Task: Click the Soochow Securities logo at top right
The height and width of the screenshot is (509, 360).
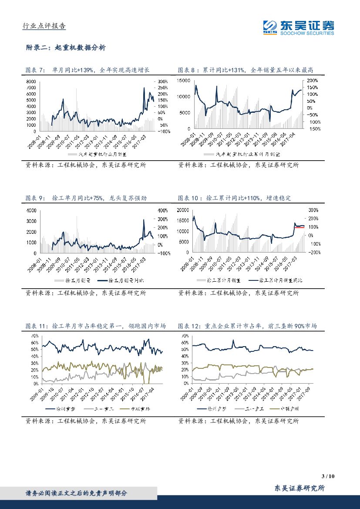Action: (298, 27)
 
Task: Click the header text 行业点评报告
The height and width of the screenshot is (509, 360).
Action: (44, 26)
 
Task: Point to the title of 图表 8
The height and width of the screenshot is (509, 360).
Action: (246, 70)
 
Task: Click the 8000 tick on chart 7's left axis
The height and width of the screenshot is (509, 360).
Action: (30, 82)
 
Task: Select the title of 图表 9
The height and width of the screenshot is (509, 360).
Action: (86, 198)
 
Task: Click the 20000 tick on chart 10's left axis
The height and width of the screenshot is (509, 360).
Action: (182, 210)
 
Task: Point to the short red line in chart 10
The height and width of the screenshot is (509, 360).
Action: (299, 227)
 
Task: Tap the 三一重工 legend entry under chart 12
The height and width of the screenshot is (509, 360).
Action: (250, 409)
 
